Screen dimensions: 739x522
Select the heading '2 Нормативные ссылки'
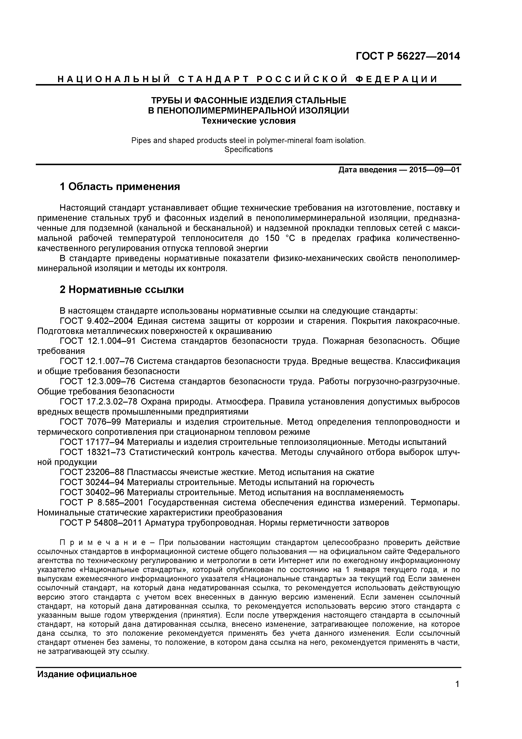pyautogui.click(x=122, y=290)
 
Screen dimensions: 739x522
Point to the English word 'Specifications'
pyautogui.click(x=248, y=150)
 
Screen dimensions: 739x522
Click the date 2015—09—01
pyautogui.click(x=434, y=170)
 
